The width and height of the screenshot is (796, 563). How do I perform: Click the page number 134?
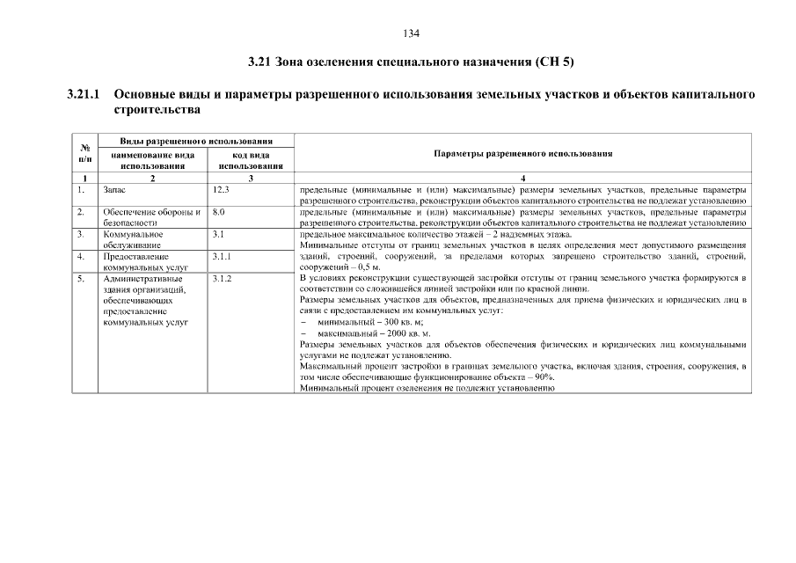pos(412,33)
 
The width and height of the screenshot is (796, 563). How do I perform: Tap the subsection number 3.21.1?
pos(84,93)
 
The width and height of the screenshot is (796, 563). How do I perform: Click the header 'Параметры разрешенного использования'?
pos(523,153)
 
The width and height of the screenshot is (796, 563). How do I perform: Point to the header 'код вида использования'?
pos(251,159)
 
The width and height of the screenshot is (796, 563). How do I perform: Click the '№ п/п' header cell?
pos(85,153)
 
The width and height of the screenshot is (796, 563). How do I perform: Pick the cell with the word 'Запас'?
pos(115,189)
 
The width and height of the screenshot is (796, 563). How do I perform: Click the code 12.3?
pos(221,189)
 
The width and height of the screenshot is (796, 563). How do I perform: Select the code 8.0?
pos(219,212)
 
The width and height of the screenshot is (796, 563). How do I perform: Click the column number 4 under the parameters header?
pos(522,179)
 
